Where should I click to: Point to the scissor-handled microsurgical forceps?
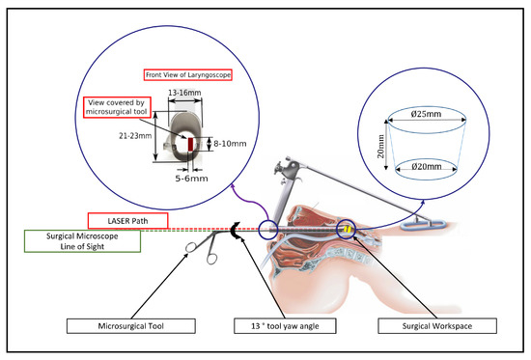coord(199,248)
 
